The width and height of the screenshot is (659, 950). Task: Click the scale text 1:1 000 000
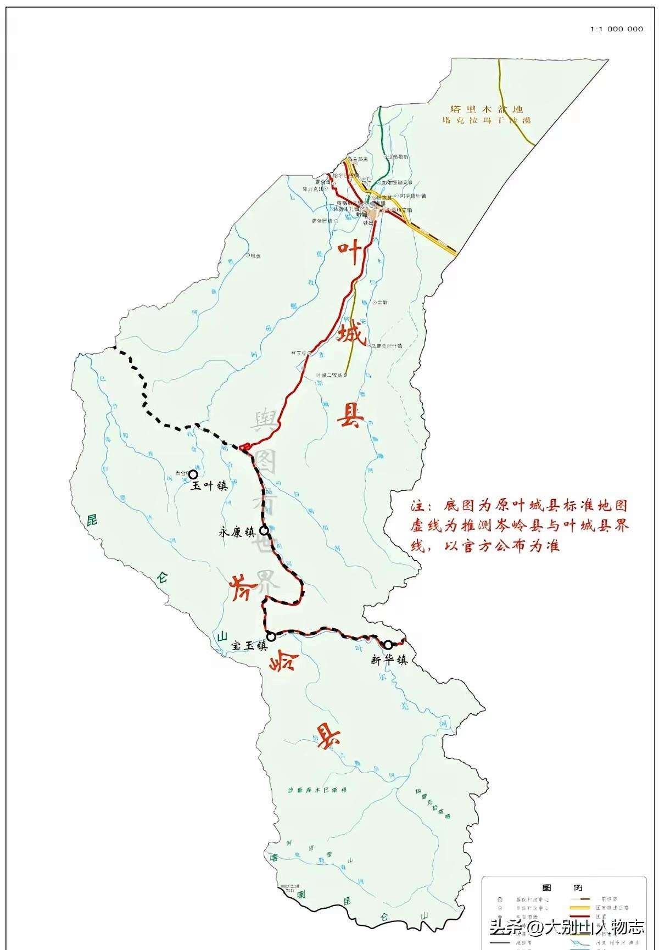click(x=616, y=29)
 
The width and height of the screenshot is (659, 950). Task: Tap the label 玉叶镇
click(x=208, y=486)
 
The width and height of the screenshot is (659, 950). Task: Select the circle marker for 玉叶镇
click(x=193, y=474)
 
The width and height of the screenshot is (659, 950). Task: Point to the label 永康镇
click(x=237, y=532)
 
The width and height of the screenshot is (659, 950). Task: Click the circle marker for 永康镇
click(x=264, y=530)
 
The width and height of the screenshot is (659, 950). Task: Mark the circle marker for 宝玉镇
click(x=271, y=637)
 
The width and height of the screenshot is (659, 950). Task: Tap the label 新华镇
click(x=389, y=660)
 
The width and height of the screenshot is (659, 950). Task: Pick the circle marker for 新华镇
click(x=388, y=645)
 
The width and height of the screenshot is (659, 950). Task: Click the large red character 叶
click(x=350, y=254)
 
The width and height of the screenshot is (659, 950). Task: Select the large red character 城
click(x=351, y=334)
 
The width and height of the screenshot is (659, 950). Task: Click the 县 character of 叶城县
click(x=350, y=415)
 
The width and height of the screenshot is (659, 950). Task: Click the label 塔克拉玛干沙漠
click(x=487, y=120)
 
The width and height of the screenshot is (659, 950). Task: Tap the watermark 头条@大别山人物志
click(x=567, y=928)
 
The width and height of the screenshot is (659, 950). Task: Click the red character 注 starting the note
click(x=418, y=506)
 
